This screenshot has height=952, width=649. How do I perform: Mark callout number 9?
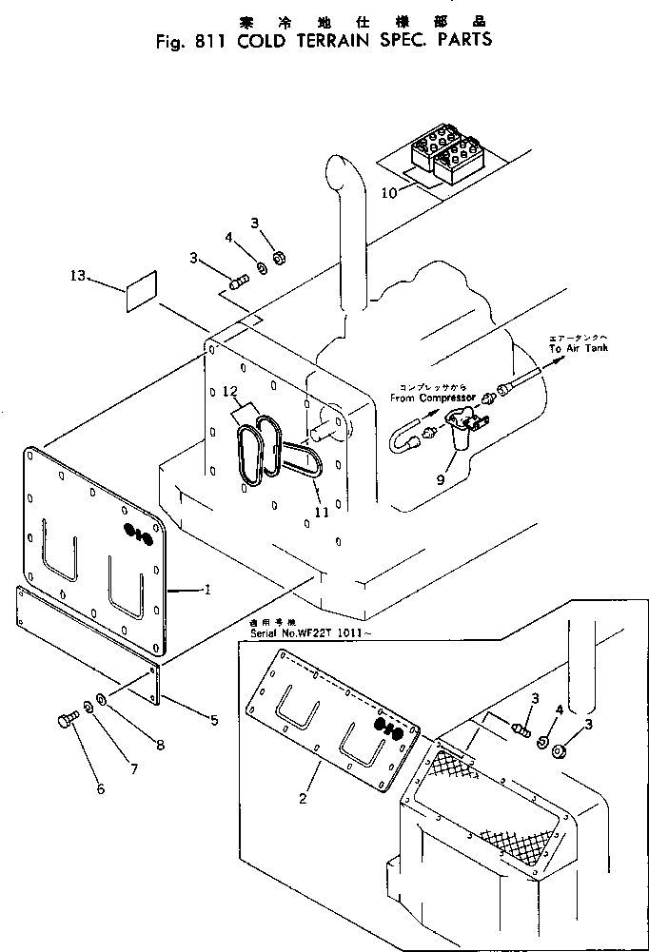pyautogui.click(x=439, y=480)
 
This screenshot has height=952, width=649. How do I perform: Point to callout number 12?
pyautogui.click(x=228, y=391)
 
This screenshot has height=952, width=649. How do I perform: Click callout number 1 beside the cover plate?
pyautogui.click(x=206, y=591)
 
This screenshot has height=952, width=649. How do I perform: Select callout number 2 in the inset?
pyautogui.click(x=302, y=798)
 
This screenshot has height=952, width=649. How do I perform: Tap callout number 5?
pyautogui.click(x=213, y=720)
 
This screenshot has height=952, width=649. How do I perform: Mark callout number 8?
pyautogui.click(x=159, y=746)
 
